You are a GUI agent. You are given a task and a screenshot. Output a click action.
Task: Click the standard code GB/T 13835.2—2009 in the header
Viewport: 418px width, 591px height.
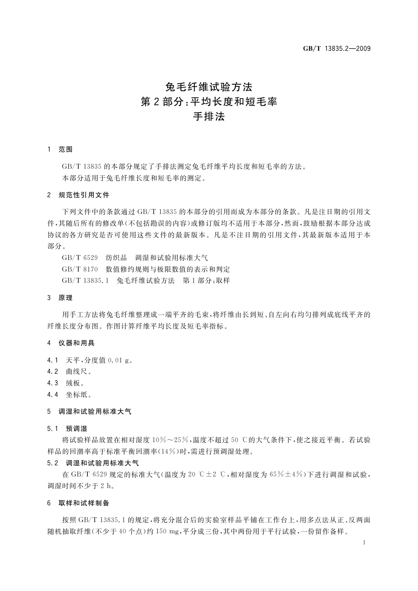[337, 49]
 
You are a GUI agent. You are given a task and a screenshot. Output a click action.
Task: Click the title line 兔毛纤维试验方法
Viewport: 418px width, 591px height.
[209, 86]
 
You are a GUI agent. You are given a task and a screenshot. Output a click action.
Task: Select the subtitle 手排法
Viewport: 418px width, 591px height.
[209, 117]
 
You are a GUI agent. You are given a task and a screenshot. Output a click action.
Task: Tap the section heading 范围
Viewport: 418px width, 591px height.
[65, 150]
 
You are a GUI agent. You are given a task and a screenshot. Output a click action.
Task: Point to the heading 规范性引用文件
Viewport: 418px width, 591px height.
[84, 195]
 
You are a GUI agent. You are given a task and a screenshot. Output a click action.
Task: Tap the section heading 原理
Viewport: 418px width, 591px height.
[65, 298]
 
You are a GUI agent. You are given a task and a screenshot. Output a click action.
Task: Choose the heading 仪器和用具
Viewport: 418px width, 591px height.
[77, 343]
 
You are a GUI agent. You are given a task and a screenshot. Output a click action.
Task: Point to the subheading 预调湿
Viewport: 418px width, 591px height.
[77, 429]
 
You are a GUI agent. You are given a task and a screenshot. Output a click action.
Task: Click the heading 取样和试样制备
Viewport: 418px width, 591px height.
[84, 503]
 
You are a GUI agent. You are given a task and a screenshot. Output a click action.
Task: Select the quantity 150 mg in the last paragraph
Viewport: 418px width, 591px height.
[166, 532]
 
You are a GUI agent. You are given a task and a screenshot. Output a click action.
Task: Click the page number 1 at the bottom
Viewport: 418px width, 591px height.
[364, 543]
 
